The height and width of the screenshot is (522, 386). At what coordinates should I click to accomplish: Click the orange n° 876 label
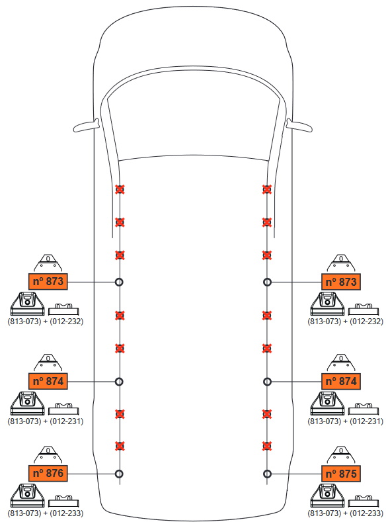[x=48, y=473]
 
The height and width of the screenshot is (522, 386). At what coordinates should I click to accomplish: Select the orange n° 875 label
[x=341, y=474]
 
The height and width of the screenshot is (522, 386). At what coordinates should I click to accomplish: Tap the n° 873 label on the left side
[x=48, y=281]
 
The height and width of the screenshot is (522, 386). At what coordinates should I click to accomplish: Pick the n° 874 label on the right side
[x=341, y=381]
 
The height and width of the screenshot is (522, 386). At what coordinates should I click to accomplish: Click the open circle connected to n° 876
[x=119, y=474]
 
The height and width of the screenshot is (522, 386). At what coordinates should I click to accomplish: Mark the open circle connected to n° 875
[x=267, y=474]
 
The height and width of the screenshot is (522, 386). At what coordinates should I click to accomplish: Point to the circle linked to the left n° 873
[x=119, y=282]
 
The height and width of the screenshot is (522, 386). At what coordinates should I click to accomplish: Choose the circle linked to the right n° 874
[x=267, y=382]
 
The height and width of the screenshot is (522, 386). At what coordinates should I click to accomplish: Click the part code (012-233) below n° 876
[x=67, y=513]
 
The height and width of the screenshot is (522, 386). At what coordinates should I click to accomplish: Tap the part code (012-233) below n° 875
[x=366, y=513]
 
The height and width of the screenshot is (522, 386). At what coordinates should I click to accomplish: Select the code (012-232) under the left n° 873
[x=67, y=322]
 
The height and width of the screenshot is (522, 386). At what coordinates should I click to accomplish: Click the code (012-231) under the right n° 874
[x=366, y=421]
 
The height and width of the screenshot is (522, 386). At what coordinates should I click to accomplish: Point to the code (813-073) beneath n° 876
[x=24, y=513]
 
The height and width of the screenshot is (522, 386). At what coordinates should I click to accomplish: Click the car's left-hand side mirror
[x=87, y=126]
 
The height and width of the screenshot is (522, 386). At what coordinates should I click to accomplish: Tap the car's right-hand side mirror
[x=299, y=126]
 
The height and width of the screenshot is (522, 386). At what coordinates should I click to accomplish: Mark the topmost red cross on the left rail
[x=120, y=189]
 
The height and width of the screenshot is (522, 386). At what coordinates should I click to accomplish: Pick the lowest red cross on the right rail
[x=266, y=446]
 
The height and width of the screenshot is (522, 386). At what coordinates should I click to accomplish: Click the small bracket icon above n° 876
[x=48, y=455]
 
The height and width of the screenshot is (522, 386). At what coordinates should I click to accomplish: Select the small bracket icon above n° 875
[x=341, y=455]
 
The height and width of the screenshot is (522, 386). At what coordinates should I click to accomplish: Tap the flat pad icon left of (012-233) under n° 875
[x=364, y=501]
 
